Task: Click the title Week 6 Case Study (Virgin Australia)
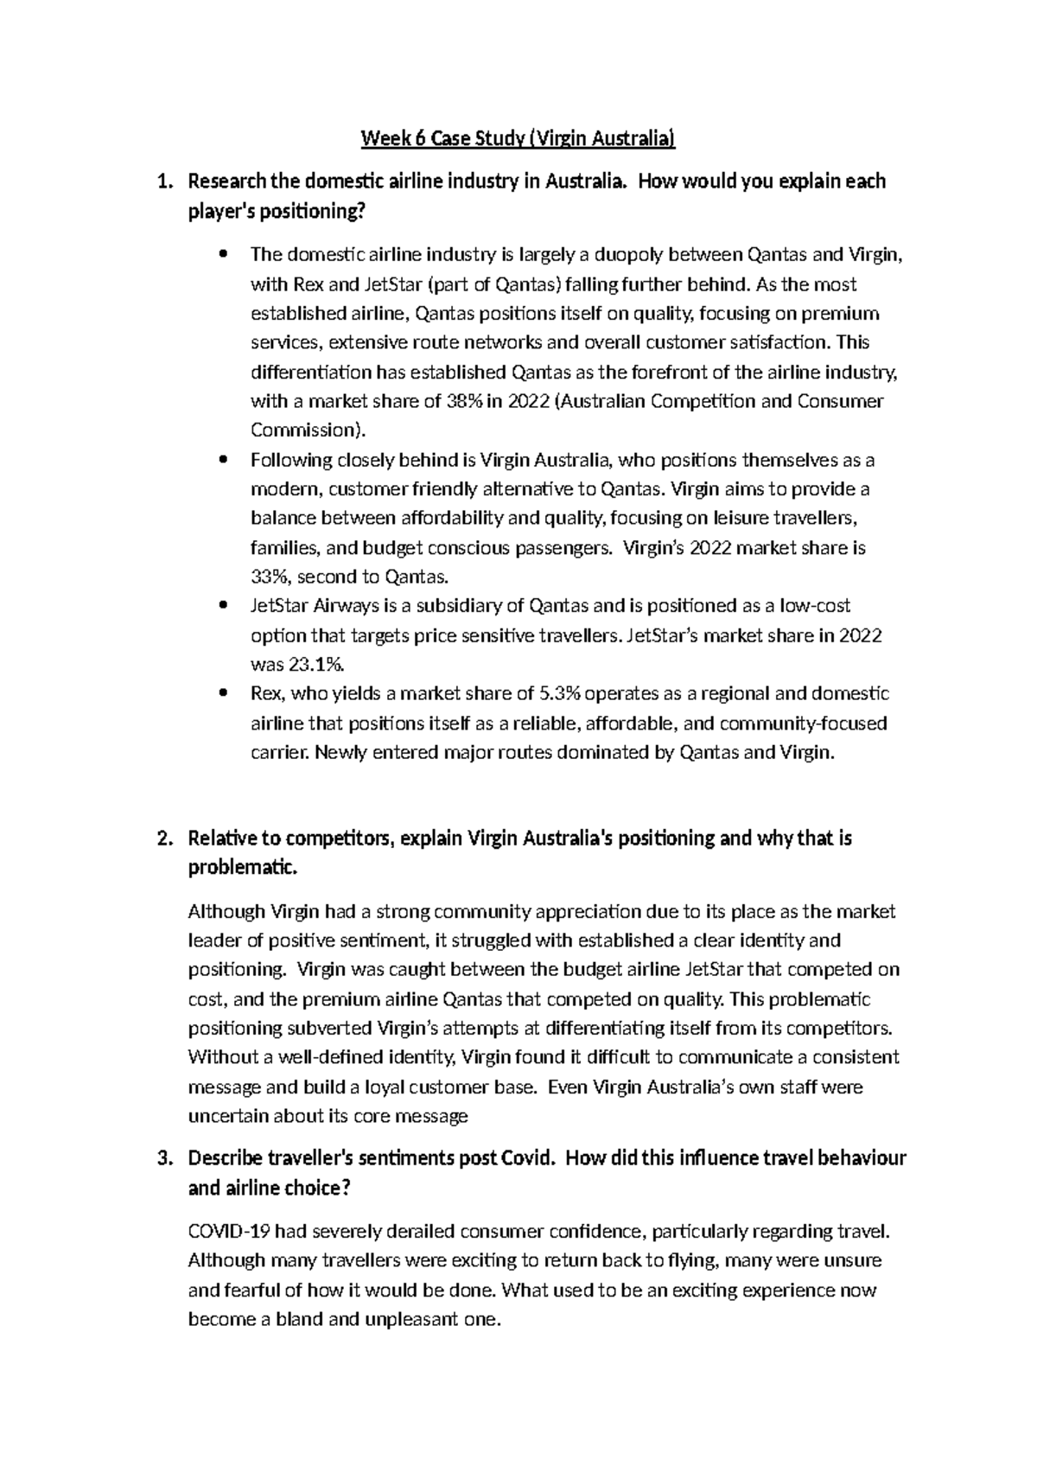click(518, 138)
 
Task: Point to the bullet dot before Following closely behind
click(225, 460)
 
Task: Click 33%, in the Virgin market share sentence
click(270, 577)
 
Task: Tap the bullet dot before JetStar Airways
click(225, 606)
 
